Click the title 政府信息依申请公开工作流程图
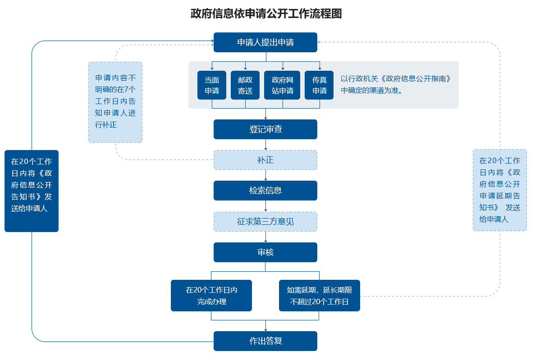266,14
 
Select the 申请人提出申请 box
265,42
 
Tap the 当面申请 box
212,85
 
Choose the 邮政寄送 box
245,85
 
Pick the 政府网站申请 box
282,85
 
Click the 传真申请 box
319,85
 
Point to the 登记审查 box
265,129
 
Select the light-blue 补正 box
265,160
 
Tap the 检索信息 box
265,191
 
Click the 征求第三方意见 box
265,222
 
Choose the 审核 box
265,252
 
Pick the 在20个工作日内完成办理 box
211,296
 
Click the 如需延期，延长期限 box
320,296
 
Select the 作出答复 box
265,341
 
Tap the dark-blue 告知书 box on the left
32,191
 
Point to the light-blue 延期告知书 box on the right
500,190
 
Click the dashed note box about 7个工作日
115,102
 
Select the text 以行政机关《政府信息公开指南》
396,79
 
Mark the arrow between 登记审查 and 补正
266,145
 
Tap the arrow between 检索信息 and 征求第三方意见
266,206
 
